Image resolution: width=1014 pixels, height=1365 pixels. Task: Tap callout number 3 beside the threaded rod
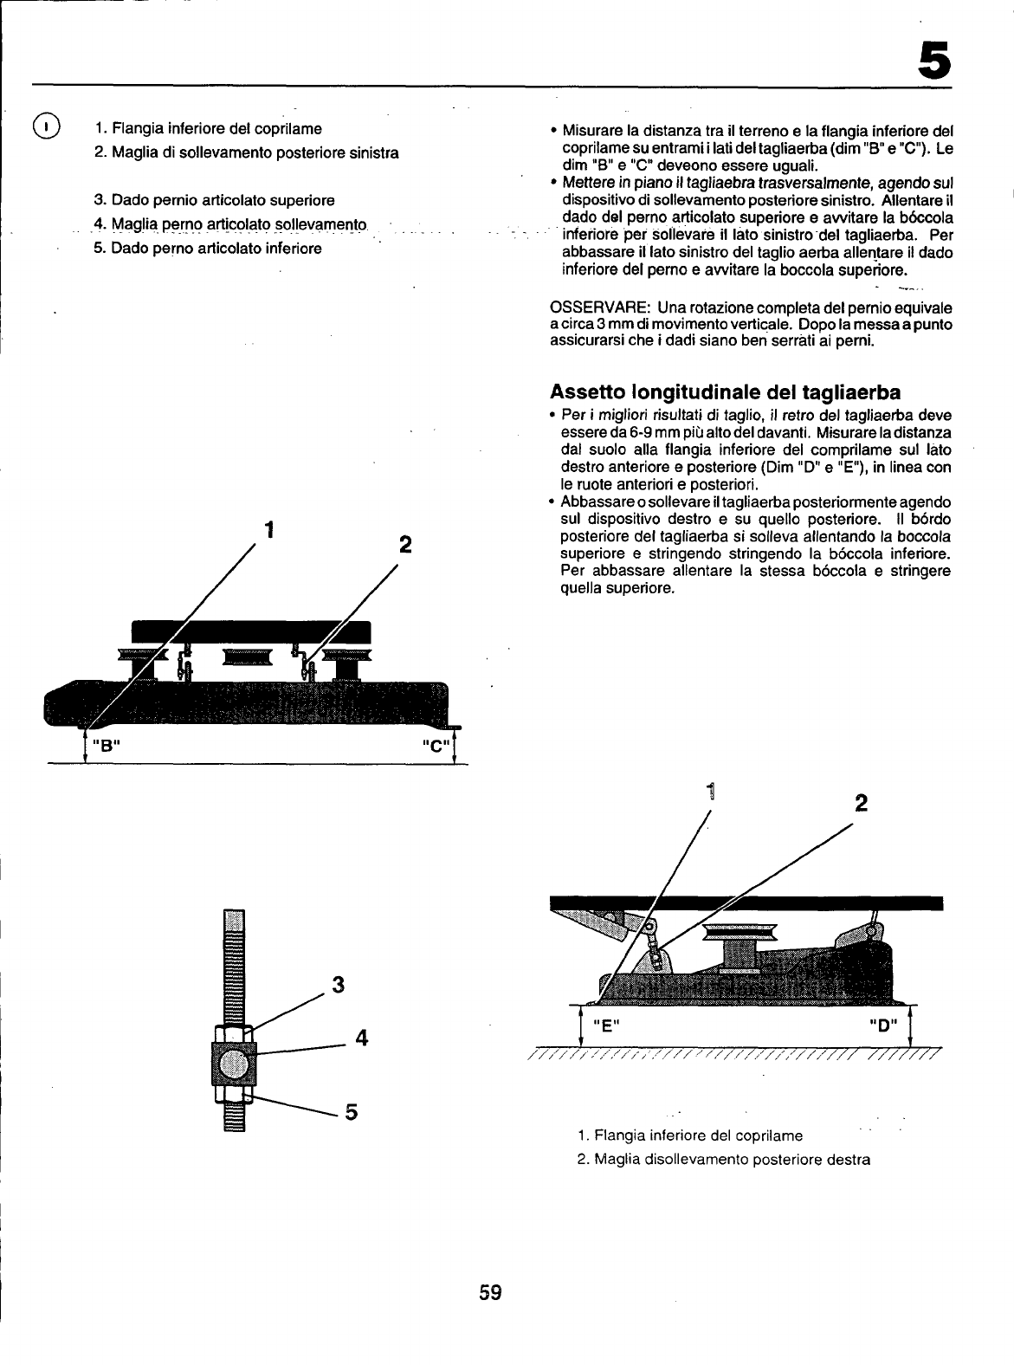click(339, 985)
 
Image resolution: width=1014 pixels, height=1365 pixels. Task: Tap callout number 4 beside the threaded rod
click(362, 1037)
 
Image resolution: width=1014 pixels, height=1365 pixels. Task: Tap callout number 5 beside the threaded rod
click(352, 1111)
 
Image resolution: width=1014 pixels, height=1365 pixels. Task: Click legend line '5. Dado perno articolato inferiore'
click(208, 249)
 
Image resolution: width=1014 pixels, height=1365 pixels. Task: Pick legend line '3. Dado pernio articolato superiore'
click(214, 201)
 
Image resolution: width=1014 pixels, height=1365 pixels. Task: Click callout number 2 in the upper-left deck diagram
click(404, 546)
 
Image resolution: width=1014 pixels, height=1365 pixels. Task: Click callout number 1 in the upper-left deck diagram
click(270, 527)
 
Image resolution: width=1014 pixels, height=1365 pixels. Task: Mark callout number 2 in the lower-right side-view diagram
click(861, 802)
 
